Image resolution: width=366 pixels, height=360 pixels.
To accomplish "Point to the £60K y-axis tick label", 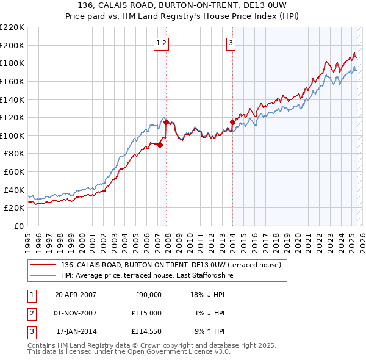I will (14, 172).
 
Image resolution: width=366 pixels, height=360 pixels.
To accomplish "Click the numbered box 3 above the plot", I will (232, 43).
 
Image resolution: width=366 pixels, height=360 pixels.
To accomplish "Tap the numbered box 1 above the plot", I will (158, 43).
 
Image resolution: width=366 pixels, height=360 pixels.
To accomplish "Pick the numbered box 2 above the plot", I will (165, 43).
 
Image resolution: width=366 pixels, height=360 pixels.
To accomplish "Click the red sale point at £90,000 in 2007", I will (160, 145).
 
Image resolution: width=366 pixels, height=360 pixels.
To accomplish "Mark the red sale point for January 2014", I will (232, 122).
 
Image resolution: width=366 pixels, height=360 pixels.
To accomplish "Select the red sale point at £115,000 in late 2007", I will (166, 122).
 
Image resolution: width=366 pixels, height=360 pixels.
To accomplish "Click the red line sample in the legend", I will (43, 265).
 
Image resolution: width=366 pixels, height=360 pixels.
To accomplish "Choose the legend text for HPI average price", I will (147, 276).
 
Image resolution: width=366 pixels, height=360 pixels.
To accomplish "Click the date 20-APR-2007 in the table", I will (76, 295).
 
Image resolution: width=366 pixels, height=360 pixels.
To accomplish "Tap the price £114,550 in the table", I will (146, 331).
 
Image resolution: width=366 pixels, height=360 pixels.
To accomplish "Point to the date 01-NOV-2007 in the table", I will (76, 313).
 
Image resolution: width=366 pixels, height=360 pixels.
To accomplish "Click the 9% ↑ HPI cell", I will (209, 331).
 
